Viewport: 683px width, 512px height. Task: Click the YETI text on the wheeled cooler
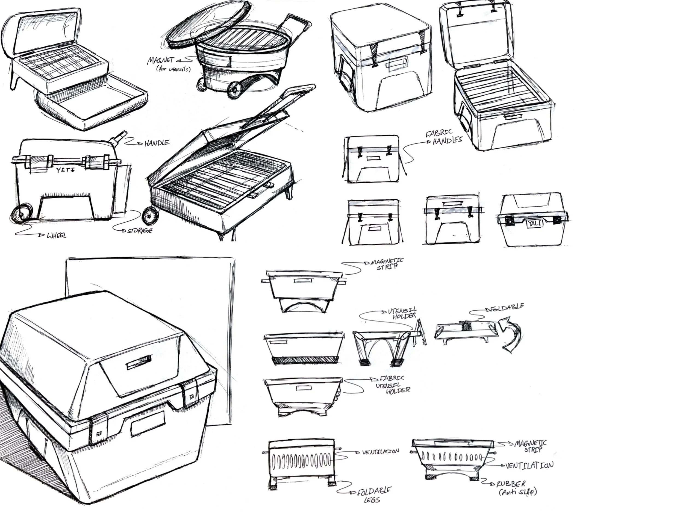66,170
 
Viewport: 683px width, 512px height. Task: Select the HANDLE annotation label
157,143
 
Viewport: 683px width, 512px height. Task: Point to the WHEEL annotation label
57,236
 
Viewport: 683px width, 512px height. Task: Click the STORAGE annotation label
140,231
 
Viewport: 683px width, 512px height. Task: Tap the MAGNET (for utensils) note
169,64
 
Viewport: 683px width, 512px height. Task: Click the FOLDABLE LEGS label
374,495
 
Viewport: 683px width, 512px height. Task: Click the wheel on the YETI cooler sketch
21,213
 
